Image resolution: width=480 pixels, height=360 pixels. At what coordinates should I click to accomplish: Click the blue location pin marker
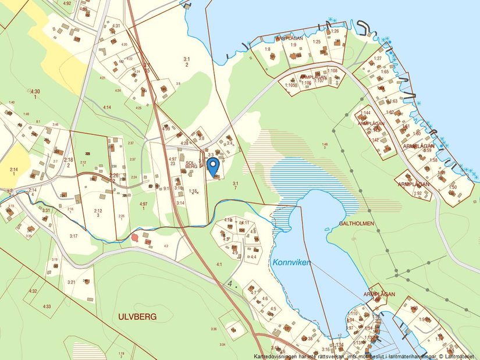point(213,165)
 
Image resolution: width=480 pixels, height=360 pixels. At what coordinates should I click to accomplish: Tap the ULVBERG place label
point(137,317)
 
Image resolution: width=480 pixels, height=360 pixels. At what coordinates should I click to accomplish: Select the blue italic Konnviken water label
point(291,262)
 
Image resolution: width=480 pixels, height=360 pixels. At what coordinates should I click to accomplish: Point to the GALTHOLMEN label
point(357,223)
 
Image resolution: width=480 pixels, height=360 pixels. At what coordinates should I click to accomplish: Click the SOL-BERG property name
point(190,165)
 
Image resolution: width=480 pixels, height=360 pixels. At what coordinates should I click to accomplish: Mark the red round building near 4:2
point(135,237)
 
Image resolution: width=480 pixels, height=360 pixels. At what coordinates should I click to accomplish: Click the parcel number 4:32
point(33,291)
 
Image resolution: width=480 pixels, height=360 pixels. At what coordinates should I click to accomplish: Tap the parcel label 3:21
point(72,282)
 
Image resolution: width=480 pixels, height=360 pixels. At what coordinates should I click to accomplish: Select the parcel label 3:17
point(73,236)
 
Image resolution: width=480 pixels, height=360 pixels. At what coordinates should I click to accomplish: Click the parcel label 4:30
point(35,91)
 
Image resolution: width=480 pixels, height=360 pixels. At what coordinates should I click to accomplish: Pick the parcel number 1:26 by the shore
point(335,31)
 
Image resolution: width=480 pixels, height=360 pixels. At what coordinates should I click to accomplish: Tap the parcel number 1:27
point(378,58)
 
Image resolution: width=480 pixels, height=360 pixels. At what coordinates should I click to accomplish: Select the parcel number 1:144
point(365,112)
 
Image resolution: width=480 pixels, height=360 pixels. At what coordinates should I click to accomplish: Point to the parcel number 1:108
point(332,71)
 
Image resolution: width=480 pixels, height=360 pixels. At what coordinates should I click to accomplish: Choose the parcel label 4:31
point(116,26)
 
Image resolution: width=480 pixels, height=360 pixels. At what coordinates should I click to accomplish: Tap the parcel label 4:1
point(219,265)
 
